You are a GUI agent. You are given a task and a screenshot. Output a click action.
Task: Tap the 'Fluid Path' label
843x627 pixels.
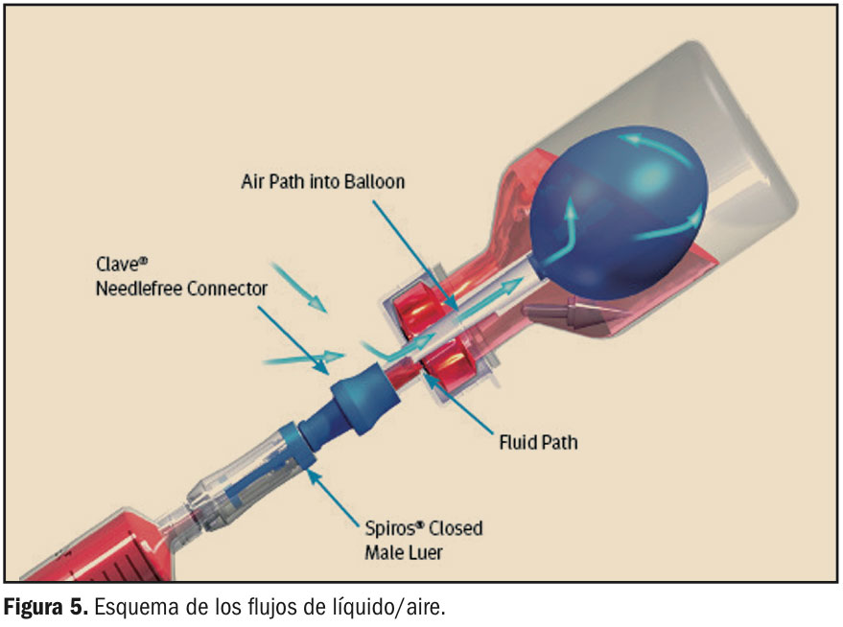coord(538,443)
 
